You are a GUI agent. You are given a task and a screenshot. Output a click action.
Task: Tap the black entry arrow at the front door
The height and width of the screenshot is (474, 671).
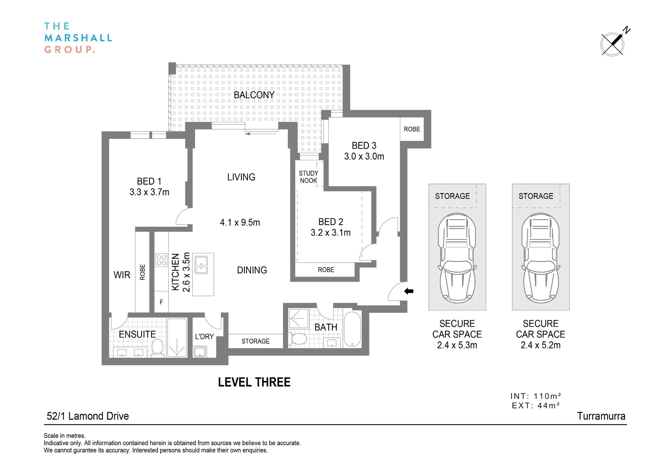[409, 291]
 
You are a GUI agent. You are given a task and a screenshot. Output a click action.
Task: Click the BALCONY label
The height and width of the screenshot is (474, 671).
[254, 95]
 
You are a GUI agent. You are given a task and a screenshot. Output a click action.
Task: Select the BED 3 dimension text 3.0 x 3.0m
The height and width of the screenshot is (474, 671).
[364, 156]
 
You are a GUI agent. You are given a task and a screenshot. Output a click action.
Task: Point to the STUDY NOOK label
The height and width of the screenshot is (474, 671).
[308, 177]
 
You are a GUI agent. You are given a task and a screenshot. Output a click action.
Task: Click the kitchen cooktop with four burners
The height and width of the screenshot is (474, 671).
[161, 260]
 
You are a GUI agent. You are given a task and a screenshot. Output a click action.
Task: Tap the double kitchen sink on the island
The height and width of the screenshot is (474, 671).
[201, 265]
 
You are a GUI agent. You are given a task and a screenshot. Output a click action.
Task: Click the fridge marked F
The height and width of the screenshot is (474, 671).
[161, 302]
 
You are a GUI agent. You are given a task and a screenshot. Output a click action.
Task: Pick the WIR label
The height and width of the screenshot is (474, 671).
[122, 275]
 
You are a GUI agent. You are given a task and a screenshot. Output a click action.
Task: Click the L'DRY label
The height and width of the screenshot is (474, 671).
[204, 336]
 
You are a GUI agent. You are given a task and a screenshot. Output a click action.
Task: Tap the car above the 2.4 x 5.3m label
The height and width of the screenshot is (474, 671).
[457, 258]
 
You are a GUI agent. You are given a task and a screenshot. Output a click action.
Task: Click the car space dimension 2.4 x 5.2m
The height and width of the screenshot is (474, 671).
[540, 345]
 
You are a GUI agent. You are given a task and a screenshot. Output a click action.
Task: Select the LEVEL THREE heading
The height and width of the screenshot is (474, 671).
[254, 382]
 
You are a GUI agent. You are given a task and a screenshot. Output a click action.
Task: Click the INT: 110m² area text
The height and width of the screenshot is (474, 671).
[536, 396]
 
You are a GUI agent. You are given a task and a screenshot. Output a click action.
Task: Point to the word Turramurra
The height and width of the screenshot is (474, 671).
[601, 416]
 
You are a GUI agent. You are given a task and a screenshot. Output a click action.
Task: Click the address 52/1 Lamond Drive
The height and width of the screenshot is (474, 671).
[88, 416]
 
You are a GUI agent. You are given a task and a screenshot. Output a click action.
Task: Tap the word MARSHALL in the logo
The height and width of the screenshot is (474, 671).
[78, 38]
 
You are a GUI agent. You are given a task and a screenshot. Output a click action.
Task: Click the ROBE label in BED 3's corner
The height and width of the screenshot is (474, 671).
[412, 129]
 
